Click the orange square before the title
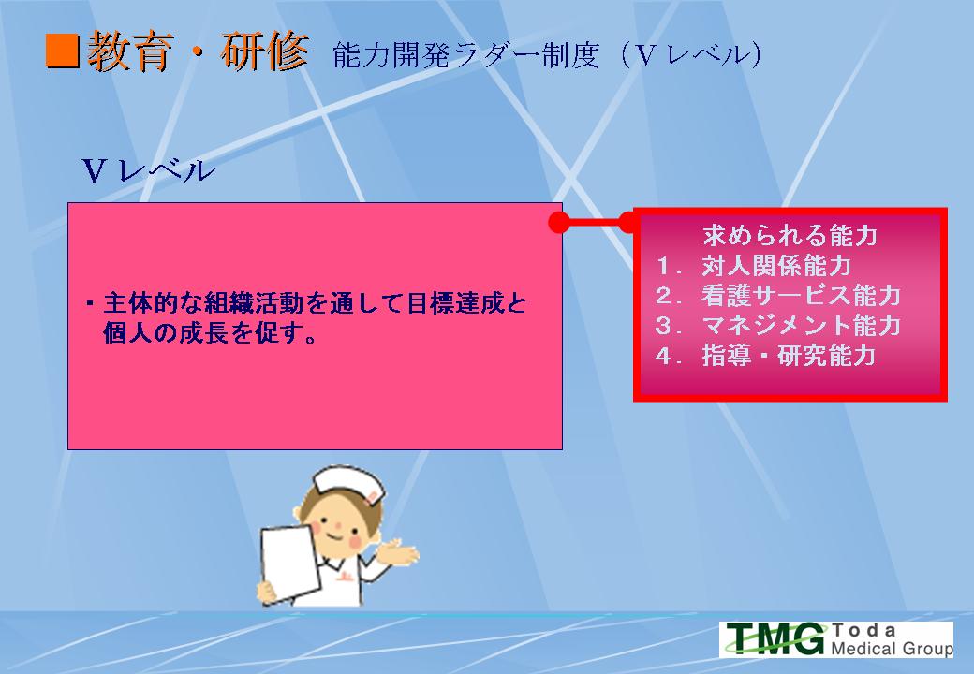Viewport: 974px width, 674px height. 63,51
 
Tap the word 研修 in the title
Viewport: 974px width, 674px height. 265,51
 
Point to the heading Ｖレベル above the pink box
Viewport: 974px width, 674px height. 149,170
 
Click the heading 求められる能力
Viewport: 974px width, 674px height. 790,236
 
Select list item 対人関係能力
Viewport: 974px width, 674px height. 776,266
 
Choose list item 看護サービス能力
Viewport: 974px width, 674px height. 802,296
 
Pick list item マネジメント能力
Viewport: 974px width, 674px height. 802,325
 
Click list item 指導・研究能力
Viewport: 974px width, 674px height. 789,356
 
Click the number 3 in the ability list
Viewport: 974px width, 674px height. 664,326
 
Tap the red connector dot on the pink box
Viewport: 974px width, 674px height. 559,222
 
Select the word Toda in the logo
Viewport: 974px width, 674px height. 863,631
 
